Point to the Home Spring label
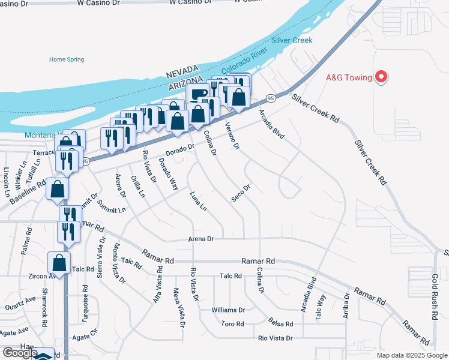click(x=66, y=59)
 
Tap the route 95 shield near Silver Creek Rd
click(x=271, y=98)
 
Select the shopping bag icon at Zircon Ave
click(x=59, y=262)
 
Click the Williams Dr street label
click(x=228, y=310)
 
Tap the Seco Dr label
click(x=240, y=193)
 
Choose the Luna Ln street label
click(x=197, y=202)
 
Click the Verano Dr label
click(x=233, y=136)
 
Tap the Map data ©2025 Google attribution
click(x=411, y=355)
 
